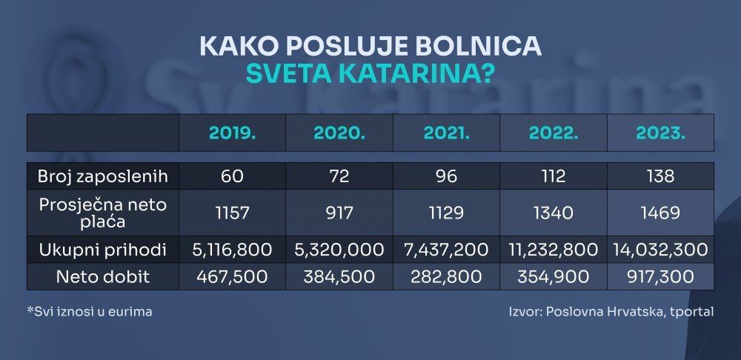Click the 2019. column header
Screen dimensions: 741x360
[232, 133]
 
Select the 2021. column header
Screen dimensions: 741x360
[446, 133]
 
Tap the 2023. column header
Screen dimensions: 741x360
[660, 133]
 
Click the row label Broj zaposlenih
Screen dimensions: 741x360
[103, 176]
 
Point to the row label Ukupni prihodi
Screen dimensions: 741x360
[102, 250]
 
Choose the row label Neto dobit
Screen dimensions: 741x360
[102, 277]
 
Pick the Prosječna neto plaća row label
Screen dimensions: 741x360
[102, 213]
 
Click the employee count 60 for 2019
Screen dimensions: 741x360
[232, 176]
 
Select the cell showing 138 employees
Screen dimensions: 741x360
[660, 176]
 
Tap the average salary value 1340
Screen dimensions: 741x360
[553, 213]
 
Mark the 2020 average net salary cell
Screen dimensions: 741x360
[339, 213]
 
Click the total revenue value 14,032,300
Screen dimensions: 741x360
[660, 250]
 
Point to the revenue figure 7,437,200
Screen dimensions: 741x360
[446, 250]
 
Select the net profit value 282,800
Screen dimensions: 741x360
[446, 277]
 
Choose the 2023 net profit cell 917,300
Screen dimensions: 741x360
[660, 277]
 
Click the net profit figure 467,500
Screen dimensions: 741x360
[232, 277]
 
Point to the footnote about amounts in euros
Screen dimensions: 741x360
[90, 312]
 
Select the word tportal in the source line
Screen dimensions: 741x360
[691, 312]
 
